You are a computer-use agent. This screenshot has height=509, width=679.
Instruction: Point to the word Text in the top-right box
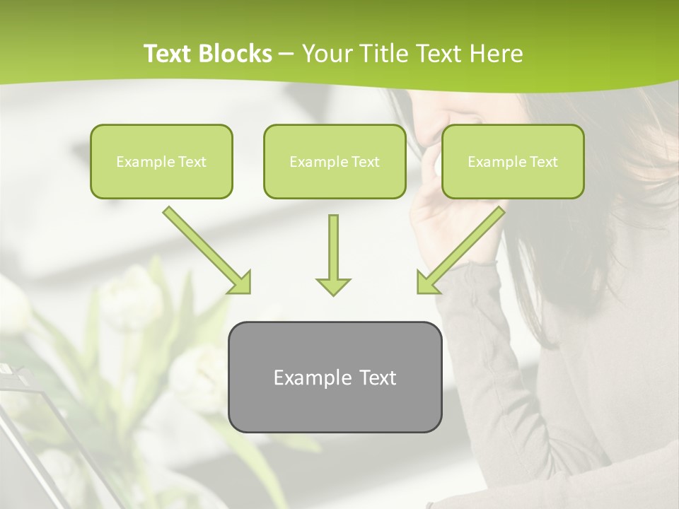coord(543,162)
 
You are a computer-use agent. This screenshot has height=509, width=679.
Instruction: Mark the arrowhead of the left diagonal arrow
coord(240,283)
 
